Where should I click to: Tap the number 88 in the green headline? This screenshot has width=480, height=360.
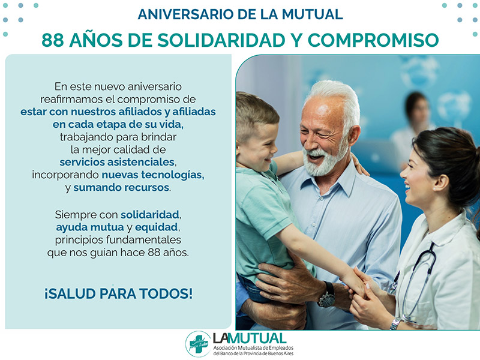[52, 40]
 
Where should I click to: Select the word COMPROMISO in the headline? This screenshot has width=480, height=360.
[373, 40]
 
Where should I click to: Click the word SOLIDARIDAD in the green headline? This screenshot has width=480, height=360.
[221, 40]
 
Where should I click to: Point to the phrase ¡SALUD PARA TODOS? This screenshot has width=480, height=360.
[118, 293]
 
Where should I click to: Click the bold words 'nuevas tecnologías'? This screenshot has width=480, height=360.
[153, 175]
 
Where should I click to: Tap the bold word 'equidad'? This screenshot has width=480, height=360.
[157, 227]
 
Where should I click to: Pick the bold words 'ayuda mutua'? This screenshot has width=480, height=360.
[89, 227]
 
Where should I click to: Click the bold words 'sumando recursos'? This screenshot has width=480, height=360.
[121, 187]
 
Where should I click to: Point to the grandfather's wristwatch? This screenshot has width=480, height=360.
[327, 295]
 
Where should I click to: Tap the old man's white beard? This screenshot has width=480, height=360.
[325, 161]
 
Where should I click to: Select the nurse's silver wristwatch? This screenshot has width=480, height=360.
[395, 323]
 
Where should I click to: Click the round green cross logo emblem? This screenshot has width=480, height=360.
[198, 344]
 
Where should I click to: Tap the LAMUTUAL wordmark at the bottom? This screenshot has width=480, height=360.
[250, 338]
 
